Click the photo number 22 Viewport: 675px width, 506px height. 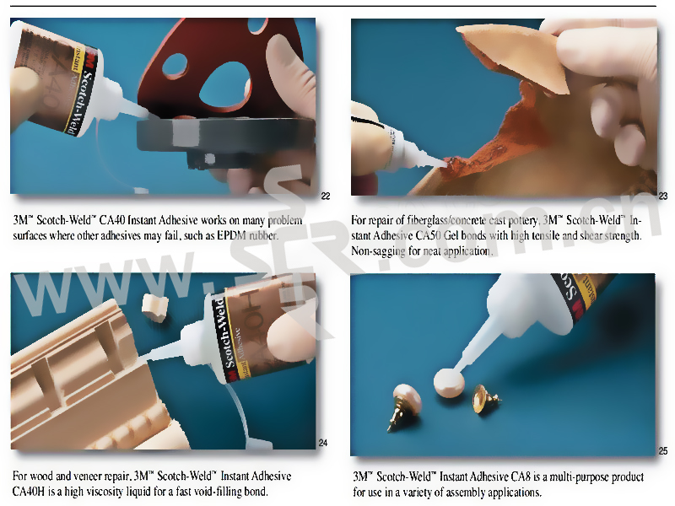[x=326, y=196]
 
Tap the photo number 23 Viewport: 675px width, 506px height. [x=663, y=196]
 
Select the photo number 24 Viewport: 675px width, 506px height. [x=323, y=443]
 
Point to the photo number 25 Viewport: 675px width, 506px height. [x=663, y=451]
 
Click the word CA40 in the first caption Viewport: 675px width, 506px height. [x=112, y=220]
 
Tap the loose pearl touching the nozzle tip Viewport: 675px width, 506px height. [x=449, y=383]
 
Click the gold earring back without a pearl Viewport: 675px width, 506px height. [x=485, y=398]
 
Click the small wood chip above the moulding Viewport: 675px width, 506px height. [x=155, y=307]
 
